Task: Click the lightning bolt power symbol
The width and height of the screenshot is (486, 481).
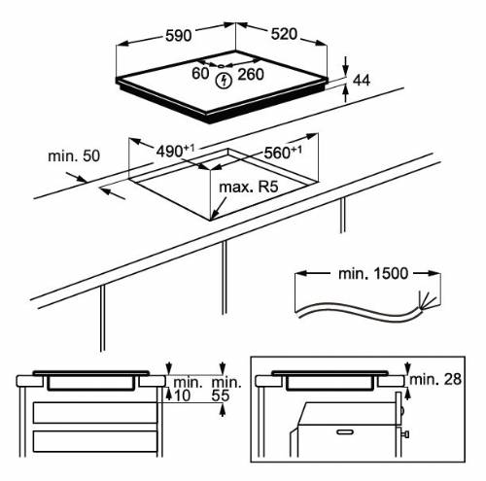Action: coord(226,78)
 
